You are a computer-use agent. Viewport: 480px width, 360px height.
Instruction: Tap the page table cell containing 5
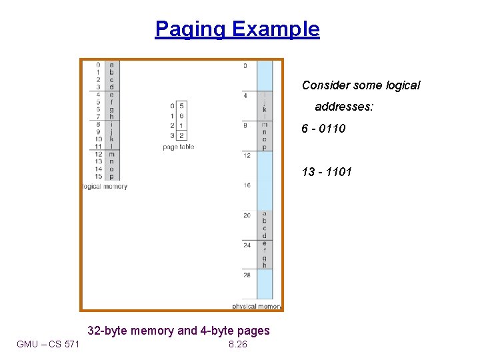coord(181,106)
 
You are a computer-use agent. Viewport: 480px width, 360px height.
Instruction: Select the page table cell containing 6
coord(181,116)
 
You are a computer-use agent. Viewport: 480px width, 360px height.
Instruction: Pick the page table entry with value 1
coord(181,125)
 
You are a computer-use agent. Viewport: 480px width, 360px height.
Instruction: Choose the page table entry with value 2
coord(181,135)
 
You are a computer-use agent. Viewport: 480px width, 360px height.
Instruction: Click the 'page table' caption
coord(178,147)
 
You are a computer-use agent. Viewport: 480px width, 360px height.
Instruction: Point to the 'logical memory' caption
coord(104,187)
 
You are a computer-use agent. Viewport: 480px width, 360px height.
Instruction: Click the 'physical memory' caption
coord(257,307)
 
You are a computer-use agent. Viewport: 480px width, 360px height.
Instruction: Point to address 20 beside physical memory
coord(247,215)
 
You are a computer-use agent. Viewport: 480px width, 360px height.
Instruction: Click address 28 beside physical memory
coord(247,274)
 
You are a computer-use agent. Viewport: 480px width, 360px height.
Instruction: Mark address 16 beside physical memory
coord(247,185)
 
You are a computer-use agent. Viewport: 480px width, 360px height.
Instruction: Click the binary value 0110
coord(333,129)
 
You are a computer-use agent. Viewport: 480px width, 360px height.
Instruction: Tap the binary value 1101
coord(337,172)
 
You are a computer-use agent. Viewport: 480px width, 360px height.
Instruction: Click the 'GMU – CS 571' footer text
coord(48,344)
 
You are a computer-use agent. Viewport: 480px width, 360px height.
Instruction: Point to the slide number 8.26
coord(237,344)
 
